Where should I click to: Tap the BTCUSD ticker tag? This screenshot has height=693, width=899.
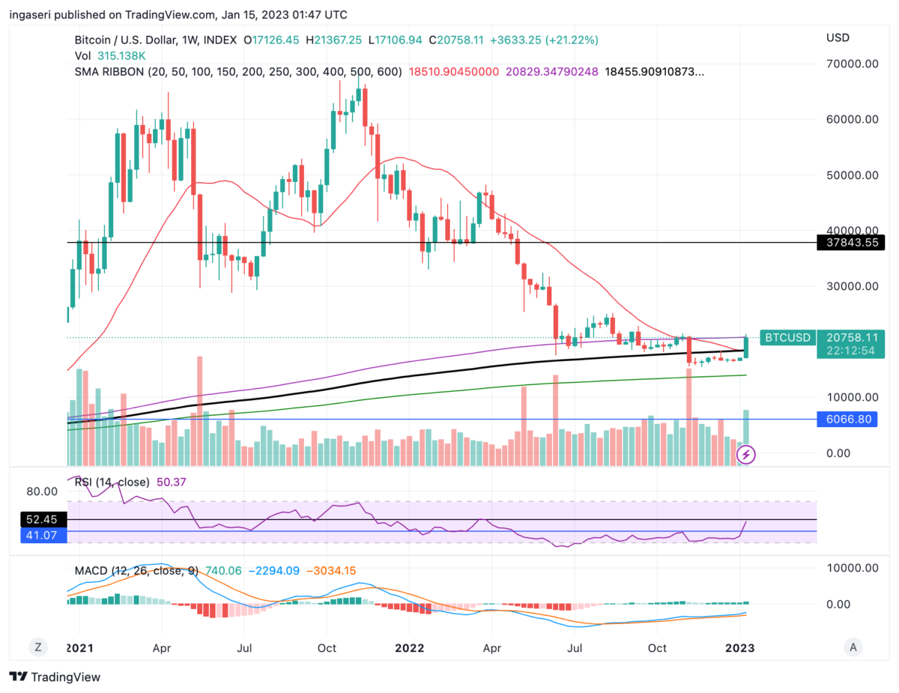tap(787, 338)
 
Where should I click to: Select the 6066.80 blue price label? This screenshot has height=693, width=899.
tap(850, 419)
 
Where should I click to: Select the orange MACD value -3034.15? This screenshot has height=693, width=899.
tap(327, 571)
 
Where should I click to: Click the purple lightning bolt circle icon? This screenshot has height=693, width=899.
tap(747, 454)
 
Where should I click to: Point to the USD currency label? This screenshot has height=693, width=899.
tap(838, 37)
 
